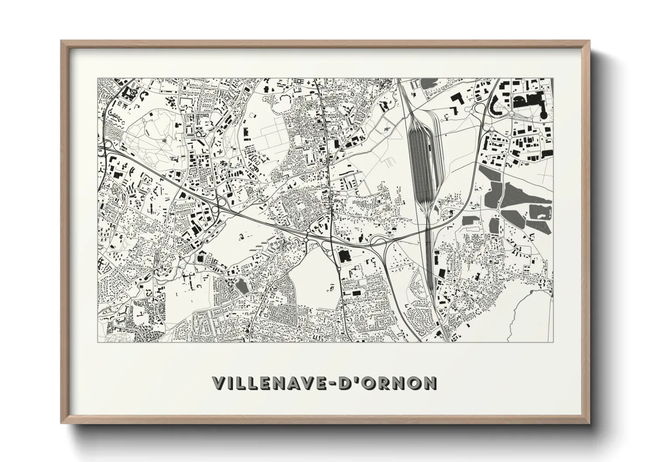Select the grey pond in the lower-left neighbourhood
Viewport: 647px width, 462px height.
[x=240, y=286]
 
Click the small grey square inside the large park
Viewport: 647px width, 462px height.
[x=164, y=141]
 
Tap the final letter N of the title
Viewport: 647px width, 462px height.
[x=430, y=383]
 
